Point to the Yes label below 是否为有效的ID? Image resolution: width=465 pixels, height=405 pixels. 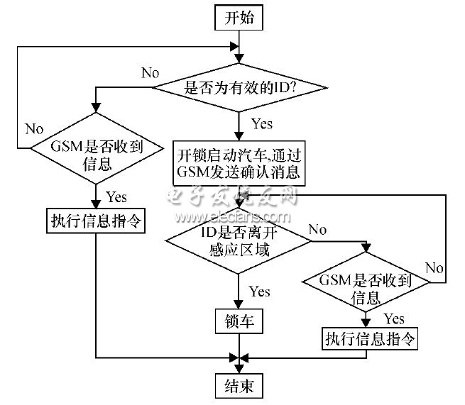pos(262,123)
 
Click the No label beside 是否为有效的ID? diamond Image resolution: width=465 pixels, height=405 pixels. pos(151,73)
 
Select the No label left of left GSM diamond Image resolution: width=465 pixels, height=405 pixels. pos(34,129)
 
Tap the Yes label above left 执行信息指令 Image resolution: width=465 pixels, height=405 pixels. pos(116,197)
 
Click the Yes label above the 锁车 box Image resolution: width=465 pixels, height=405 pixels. pos(260,292)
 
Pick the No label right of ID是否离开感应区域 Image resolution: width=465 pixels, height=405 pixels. pos(317,230)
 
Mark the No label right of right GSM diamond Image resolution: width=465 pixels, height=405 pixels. pos(434,268)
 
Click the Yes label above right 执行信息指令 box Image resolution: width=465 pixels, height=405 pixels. pos(394,318)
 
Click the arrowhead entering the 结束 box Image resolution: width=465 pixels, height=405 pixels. pos(239,369)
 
